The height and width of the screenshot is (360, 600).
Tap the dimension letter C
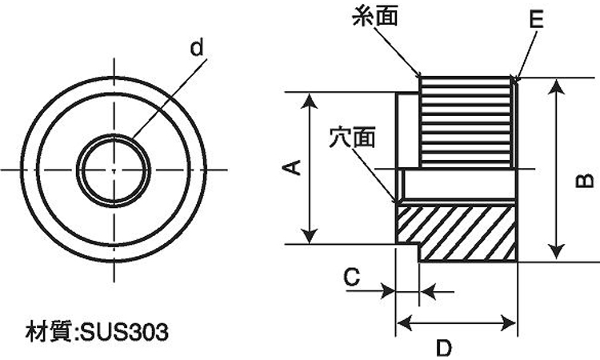(352, 277)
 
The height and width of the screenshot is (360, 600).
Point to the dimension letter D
(444, 348)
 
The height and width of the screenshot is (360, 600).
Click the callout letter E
(537, 18)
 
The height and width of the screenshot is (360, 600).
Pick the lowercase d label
(196, 48)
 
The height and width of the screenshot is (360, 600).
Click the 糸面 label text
(374, 16)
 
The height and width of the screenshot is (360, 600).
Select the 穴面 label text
(352, 137)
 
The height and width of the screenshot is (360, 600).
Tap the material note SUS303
(97, 332)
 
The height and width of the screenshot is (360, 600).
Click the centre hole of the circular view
(114, 170)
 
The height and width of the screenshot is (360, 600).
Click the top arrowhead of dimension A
(309, 100)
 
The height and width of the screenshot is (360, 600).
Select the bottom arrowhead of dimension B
(557, 251)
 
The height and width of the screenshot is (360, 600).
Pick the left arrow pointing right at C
(387, 292)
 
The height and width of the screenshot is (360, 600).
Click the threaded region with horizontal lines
(466, 122)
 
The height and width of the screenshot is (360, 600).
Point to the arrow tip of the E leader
(516, 81)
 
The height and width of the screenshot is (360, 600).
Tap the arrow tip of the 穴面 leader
(396, 202)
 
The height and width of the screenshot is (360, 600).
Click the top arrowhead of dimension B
(557, 87)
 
